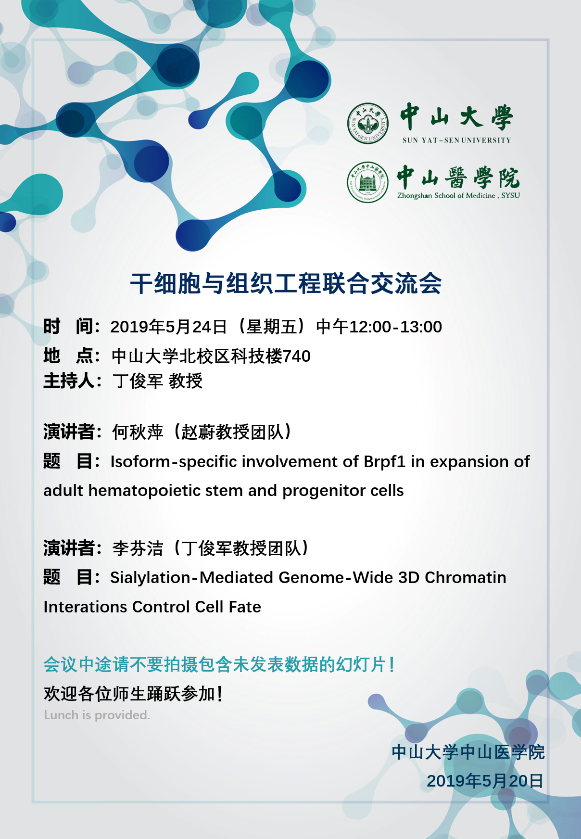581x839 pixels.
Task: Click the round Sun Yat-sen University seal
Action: pyautogui.click(x=368, y=123)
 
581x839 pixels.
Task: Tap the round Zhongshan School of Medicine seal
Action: pyautogui.click(x=368, y=182)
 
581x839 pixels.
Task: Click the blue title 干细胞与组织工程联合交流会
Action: pyautogui.click(x=286, y=283)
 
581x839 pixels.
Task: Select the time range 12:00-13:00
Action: pyautogui.click(x=395, y=327)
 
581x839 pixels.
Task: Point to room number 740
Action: pyautogui.click(x=297, y=356)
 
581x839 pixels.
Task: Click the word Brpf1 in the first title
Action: pyautogui.click(x=384, y=462)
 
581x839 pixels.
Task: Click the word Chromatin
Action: pyautogui.click(x=465, y=577)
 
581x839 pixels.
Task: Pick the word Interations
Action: pyautogui.click(x=85, y=607)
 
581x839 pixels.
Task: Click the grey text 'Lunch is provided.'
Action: pyautogui.click(x=97, y=715)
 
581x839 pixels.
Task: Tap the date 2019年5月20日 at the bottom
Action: pyautogui.click(x=485, y=781)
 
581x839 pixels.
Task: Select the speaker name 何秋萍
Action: pyautogui.click(x=138, y=432)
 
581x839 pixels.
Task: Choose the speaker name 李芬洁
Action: pyautogui.click(x=138, y=548)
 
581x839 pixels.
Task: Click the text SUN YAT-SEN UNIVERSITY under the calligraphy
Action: pyautogui.click(x=456, y=140)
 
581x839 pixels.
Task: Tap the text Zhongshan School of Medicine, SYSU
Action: pyautogui.click(x=458, y=196)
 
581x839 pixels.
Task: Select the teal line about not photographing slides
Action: pyautogui.click(x=219, y=665)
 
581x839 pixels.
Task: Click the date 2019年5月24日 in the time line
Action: pyautogui.click(x=168, y=327)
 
